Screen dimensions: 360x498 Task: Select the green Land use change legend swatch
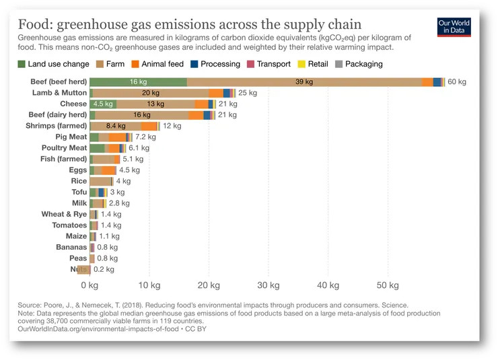(22, 64)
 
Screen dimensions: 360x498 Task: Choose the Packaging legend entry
(360, 64)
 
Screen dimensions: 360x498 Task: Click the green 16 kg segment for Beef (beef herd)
(138, 81)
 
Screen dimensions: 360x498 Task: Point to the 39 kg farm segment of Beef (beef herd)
(304, 81)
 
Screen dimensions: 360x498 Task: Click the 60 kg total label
(457, 81)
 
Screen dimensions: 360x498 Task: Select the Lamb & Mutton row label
(59, 92)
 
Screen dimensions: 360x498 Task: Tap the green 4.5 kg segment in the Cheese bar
(103, 104)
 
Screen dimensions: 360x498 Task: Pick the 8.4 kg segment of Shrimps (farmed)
(116, 126)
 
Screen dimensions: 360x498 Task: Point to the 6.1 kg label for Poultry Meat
(139, 147)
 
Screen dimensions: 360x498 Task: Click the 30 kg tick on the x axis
(268, 285)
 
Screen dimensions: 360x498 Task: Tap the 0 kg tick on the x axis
(90, 285)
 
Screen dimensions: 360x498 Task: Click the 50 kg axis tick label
(387, 285)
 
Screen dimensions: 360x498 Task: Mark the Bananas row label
(71, 247)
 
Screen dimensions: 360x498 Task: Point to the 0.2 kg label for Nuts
(104, 269)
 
